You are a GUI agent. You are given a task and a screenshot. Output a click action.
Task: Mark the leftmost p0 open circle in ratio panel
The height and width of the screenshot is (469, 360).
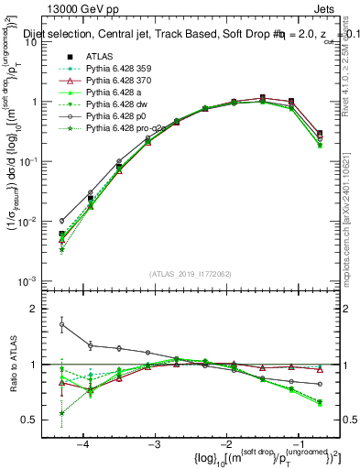(x=61, y=324)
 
